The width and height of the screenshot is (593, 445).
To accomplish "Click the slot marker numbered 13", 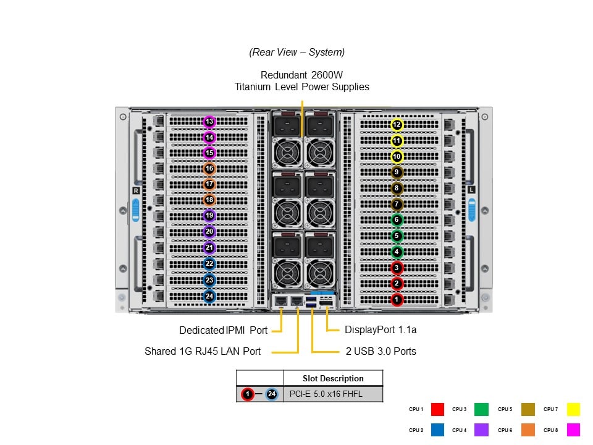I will coord(209,122).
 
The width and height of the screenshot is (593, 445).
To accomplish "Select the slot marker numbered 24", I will coord(209,296).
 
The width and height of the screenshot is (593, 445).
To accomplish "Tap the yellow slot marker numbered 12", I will coord(397,125).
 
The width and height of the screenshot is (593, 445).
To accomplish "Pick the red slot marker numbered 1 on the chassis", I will coord(397,300).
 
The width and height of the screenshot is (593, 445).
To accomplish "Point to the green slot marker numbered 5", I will coord(397,235).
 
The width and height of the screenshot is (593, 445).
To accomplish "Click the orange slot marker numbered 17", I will coord(209,184).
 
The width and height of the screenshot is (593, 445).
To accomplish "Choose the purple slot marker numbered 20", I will coord(209,232).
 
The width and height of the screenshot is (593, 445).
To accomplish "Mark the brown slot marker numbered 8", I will coord(397,189).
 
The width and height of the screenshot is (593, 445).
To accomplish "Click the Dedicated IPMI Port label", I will coord(223,331).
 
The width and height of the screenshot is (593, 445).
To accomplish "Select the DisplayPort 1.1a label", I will coord(381,330).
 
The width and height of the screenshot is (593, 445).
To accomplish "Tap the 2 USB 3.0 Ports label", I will coord(381,351).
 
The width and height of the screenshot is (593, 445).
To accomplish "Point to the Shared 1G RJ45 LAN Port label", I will coord(203,351).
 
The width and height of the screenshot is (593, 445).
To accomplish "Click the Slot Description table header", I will coord(333,378).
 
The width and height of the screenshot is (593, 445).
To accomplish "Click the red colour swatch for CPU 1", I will coord(437,409).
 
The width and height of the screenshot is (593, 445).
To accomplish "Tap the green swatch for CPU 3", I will coord(482,409).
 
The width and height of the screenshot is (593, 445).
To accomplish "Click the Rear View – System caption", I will coord(297,53).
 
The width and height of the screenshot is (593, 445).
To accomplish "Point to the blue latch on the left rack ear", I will coord(136,210).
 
